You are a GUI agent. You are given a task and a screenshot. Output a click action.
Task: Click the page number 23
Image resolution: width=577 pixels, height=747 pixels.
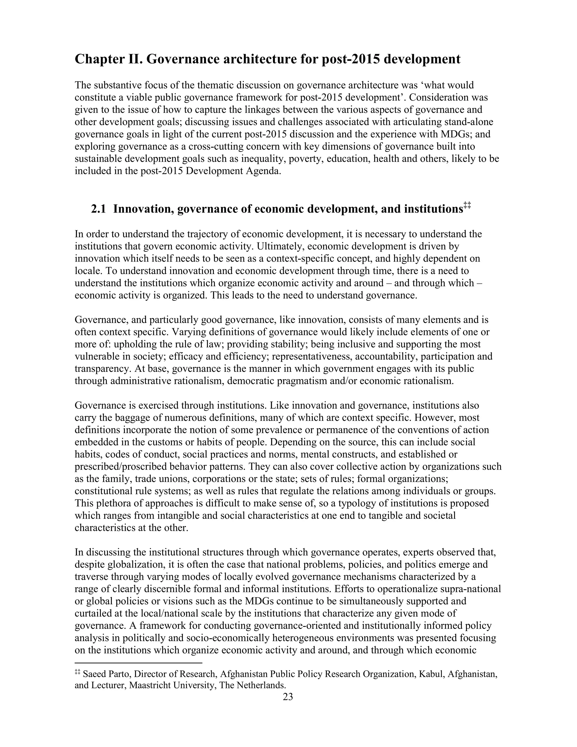pyautogui.click(x=288, y=697)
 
